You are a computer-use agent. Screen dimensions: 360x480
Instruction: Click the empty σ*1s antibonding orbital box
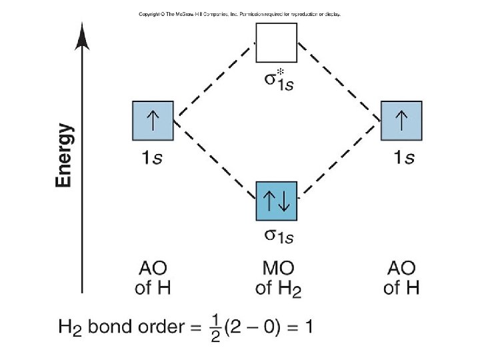coord(277,43)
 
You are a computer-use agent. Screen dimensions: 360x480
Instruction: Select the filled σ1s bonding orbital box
coord(277,200)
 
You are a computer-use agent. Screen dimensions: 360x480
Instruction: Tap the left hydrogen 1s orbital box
coord(153,121)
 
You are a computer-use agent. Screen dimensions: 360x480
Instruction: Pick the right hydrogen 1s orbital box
coord(401,121)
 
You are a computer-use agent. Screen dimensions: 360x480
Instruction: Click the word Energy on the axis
coord(65,155)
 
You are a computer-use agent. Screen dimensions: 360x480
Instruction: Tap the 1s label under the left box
coord(153,158)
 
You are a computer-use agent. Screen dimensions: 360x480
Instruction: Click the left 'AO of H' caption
coord(153,279)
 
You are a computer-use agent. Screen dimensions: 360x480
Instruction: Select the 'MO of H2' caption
coord(278,279)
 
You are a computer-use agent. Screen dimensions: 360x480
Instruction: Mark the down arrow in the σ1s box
coord(285,200)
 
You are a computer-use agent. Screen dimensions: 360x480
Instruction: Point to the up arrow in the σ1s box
coord(269,200)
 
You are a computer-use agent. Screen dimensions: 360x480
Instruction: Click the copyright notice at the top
coord(239,14)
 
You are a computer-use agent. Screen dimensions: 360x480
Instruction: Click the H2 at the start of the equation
coord(70,328)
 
